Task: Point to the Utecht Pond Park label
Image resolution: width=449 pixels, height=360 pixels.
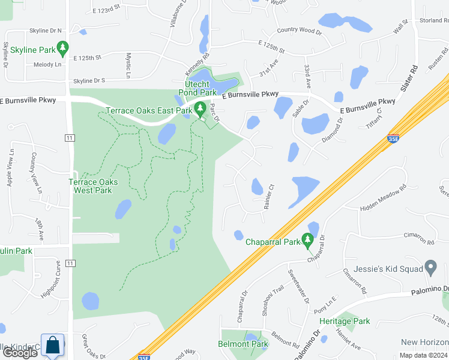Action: [x=200, y=89]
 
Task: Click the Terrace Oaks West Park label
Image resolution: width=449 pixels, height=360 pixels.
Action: [x=93, y=186]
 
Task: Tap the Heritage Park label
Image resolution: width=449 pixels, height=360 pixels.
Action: [x=352, y=321]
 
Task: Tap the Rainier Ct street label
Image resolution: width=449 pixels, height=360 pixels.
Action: [x=268, y=196]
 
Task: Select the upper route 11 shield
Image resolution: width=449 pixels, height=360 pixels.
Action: [x=70, y=137]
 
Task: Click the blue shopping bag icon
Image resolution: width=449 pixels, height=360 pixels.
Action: [x=52, y=345]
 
